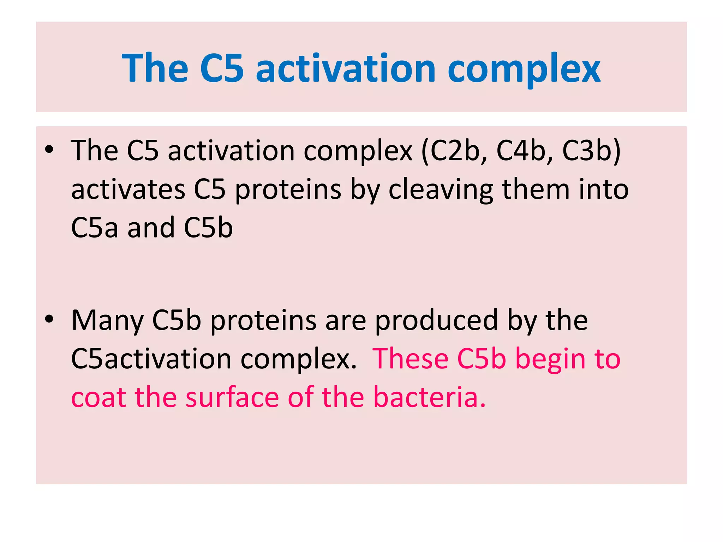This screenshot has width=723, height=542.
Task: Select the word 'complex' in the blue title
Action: (x=524, y=69)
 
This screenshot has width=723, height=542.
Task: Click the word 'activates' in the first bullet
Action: (x=128, y=189)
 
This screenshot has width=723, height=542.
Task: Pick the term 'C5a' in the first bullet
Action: (x=94, y=228)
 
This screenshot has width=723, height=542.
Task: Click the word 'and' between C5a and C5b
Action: (x=151, y=228)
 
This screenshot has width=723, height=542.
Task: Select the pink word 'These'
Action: (x=410, y=359)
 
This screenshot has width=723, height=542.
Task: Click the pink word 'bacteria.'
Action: (x=429, y=397)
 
